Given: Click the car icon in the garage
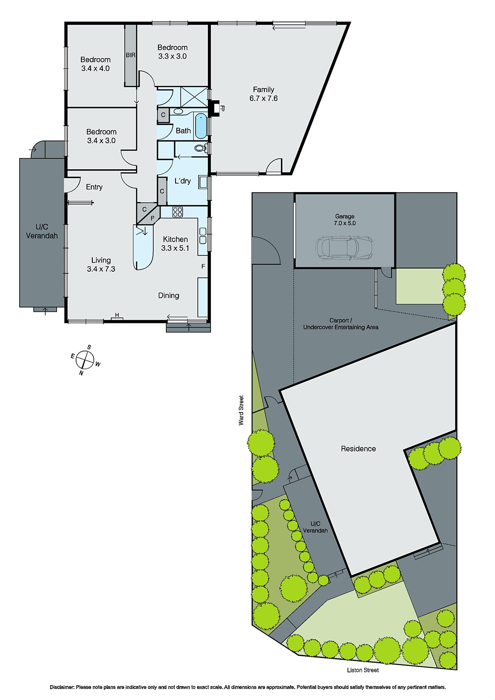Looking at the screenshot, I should (x=344, y=248).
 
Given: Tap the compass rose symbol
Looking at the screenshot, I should (x=84, y=360).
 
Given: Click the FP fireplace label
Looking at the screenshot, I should (x=222, y=108).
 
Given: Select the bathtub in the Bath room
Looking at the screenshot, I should (x=200, y=126).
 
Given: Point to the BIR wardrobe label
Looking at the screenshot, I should (x=130, y=55).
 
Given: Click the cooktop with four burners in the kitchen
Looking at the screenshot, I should (x=177, y=212).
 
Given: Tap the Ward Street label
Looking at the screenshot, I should (x=241, y=410).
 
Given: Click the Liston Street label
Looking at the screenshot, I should (x=363, y=670).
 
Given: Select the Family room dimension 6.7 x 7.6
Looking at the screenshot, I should (x=263, y=98).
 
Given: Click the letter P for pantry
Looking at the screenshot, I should (x=152, y=218).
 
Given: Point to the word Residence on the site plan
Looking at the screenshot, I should (x=358, y=448).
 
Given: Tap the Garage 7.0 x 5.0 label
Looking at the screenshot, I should (x=345, y=220).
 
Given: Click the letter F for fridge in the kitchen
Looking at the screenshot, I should (x=203, y=266).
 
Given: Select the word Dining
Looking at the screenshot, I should (x=169, y=295).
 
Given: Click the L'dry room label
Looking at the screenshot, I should (x=183, y=181).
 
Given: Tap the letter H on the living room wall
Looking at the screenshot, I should (x=117, y=315).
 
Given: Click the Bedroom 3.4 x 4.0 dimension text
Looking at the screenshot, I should (x=95, y=68).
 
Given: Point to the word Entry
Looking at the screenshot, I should (x=94, y=187).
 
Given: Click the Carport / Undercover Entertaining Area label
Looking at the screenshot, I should (x=341, y=324).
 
